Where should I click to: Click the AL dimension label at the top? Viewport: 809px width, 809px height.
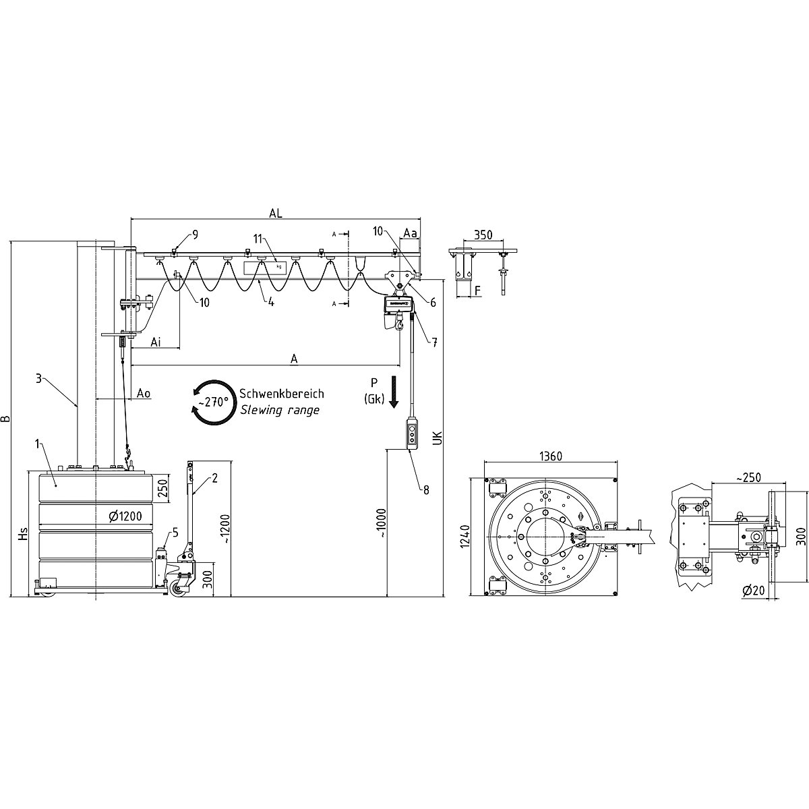[x=275, y=212]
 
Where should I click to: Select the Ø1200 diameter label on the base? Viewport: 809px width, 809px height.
[x=126, y=517]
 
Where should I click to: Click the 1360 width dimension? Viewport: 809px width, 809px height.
[x=551, y=456]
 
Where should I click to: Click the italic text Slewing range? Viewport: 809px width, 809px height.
[x=279, y=410]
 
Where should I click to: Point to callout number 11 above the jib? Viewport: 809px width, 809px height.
[x=257, y=238]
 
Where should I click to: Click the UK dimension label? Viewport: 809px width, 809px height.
[x=437, y=438]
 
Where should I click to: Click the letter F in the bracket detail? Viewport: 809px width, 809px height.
[x=478, y=291]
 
